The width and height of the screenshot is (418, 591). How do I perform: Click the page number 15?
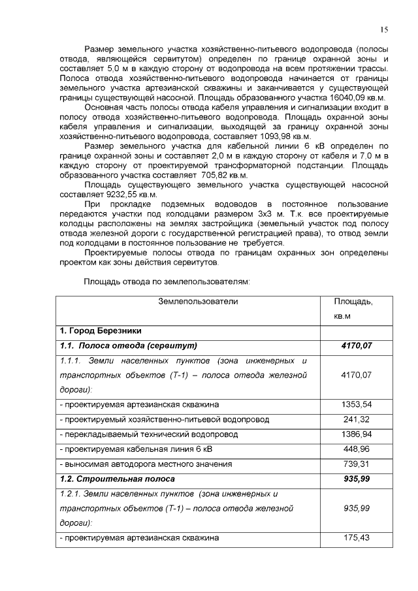coord(383,29)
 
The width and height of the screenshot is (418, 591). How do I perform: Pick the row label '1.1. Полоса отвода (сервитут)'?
coord(128,345)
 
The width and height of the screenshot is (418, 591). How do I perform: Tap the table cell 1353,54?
coord(356,404)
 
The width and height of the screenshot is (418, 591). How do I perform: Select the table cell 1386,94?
coord(356,434)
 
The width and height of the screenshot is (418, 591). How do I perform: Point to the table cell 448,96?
coord(356,449)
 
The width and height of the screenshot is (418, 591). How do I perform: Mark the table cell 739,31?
coord(356,464)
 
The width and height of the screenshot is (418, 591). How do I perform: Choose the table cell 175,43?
coord(356,537)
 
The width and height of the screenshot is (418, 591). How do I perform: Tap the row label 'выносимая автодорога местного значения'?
coord(145,464)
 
